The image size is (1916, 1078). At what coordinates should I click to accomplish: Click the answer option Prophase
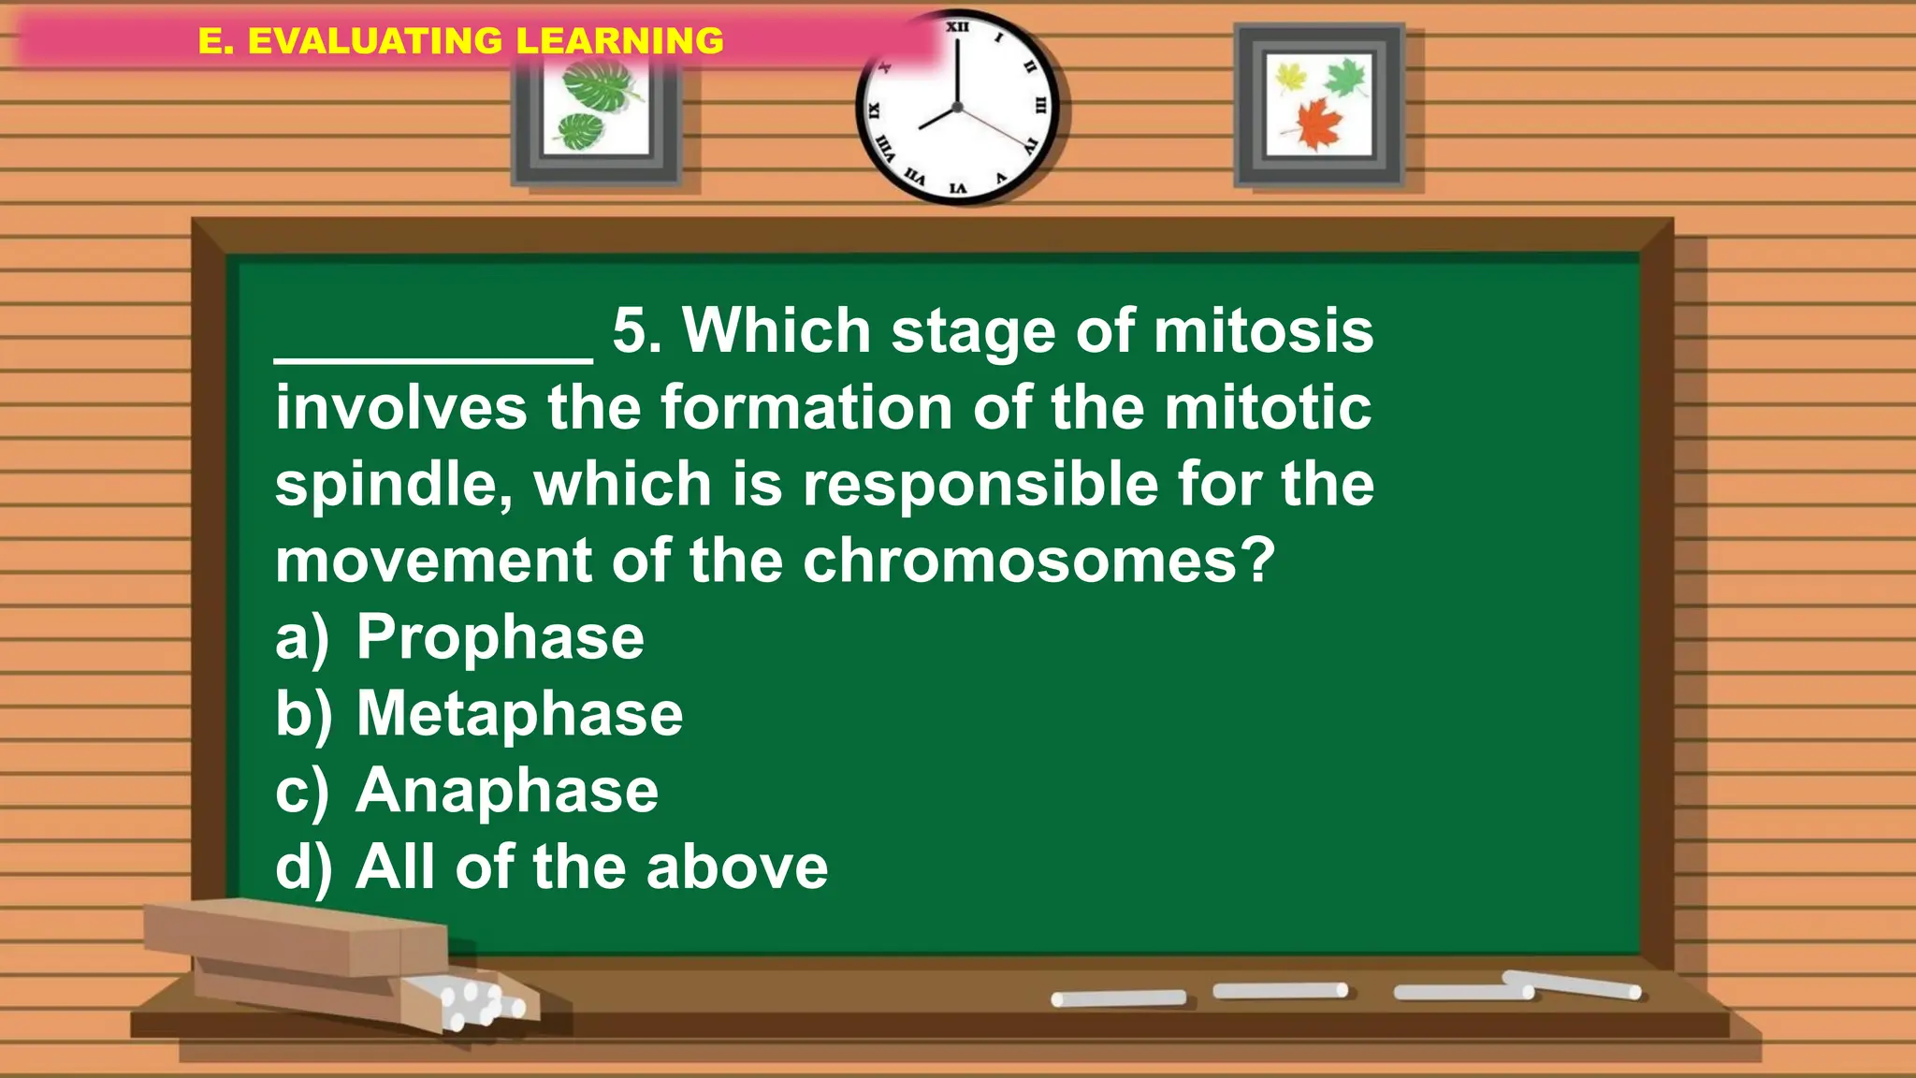tap(500, 638)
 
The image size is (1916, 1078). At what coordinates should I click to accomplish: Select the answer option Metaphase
tap(519, 715)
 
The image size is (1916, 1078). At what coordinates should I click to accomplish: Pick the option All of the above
tap(591, 867)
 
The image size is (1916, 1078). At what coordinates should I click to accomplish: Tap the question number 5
tap(636, 331)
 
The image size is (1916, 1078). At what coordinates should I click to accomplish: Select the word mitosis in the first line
tap(1263, 331)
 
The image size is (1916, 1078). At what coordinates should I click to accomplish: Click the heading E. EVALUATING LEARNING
tap(460, 41)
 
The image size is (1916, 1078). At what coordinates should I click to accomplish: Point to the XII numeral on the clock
tap(957, 27)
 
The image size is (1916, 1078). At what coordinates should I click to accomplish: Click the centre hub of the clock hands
tap(957, 108)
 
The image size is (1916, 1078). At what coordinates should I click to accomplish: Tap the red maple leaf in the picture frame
tap(1318, 124)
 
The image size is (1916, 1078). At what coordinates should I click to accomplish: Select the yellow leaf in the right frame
tap(1290, 77)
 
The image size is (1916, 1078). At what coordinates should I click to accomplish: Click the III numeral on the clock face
tap(1039, 106)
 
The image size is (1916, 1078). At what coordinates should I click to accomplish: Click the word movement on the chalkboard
tap(433, 561)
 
